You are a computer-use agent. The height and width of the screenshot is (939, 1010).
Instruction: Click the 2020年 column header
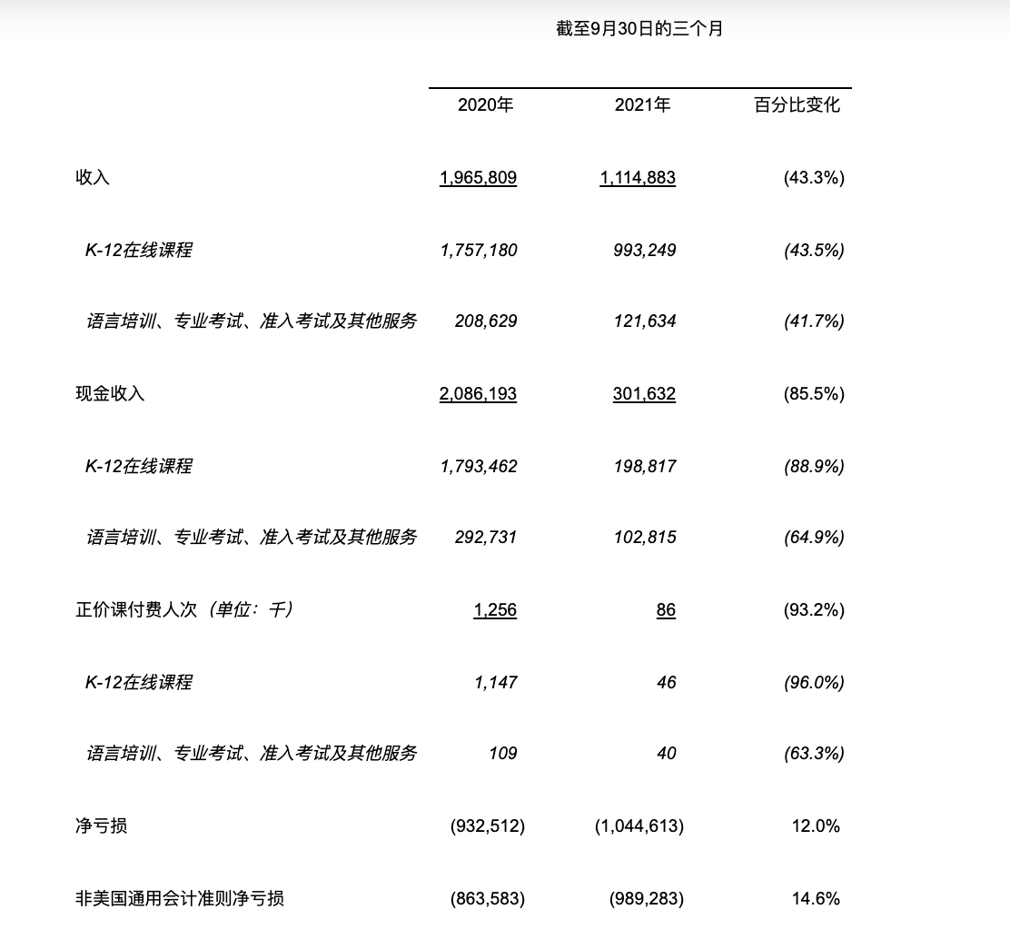coord(485,105)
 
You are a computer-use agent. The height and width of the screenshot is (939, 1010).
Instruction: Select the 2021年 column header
coord(642,105)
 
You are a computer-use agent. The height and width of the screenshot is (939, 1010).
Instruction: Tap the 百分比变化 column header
coord(797,105)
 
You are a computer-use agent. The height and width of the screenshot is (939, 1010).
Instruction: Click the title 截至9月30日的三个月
coord(639,29)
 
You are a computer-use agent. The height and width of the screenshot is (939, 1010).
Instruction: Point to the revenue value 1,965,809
coord(478,178)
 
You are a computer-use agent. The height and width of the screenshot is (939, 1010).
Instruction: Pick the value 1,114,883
coord(638,178)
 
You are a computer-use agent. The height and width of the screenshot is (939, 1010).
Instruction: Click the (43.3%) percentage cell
coord(813,178)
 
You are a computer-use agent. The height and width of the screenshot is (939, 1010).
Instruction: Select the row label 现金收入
coord(110,394)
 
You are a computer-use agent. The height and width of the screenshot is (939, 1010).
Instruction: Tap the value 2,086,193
coord(478,394)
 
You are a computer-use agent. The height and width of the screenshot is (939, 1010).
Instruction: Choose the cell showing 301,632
coord(644,394)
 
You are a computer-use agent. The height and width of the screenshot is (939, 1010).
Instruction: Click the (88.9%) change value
coord(813,466)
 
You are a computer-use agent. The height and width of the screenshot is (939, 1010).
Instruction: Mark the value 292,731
coord(485,538)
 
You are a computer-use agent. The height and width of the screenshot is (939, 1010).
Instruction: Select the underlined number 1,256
coord(495,610)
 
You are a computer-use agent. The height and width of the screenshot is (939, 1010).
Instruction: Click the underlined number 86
coord(666,610)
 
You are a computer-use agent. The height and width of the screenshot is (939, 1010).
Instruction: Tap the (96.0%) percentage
coord(813,682)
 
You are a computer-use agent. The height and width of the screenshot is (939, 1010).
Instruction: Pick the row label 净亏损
coord(101,825)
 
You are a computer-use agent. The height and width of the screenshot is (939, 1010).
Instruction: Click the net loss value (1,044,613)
coord(639,825)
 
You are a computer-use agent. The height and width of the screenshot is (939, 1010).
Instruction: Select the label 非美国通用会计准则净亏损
coord(179,898)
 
